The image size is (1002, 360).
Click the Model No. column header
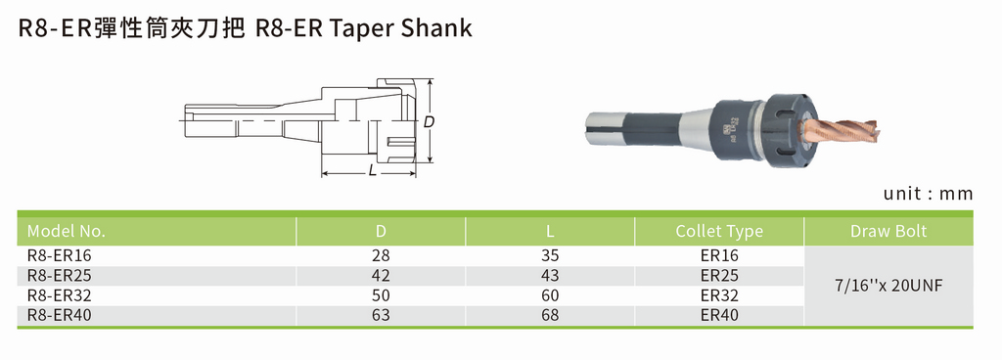67,232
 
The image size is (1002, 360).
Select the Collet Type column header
719,232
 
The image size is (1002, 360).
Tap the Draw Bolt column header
888,232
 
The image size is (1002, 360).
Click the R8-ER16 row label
59,254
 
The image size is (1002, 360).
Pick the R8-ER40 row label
59,314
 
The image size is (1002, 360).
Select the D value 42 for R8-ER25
381,275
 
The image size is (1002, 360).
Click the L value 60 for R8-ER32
550,294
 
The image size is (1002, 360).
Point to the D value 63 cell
381,314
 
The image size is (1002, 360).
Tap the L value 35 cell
550,254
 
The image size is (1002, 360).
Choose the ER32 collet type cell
719,294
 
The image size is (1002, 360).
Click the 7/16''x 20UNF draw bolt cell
888,286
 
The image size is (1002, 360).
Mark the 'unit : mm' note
928,194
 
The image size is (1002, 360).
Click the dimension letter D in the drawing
428,122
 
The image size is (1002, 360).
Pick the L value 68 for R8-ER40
550,314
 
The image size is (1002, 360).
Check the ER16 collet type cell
719,254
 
